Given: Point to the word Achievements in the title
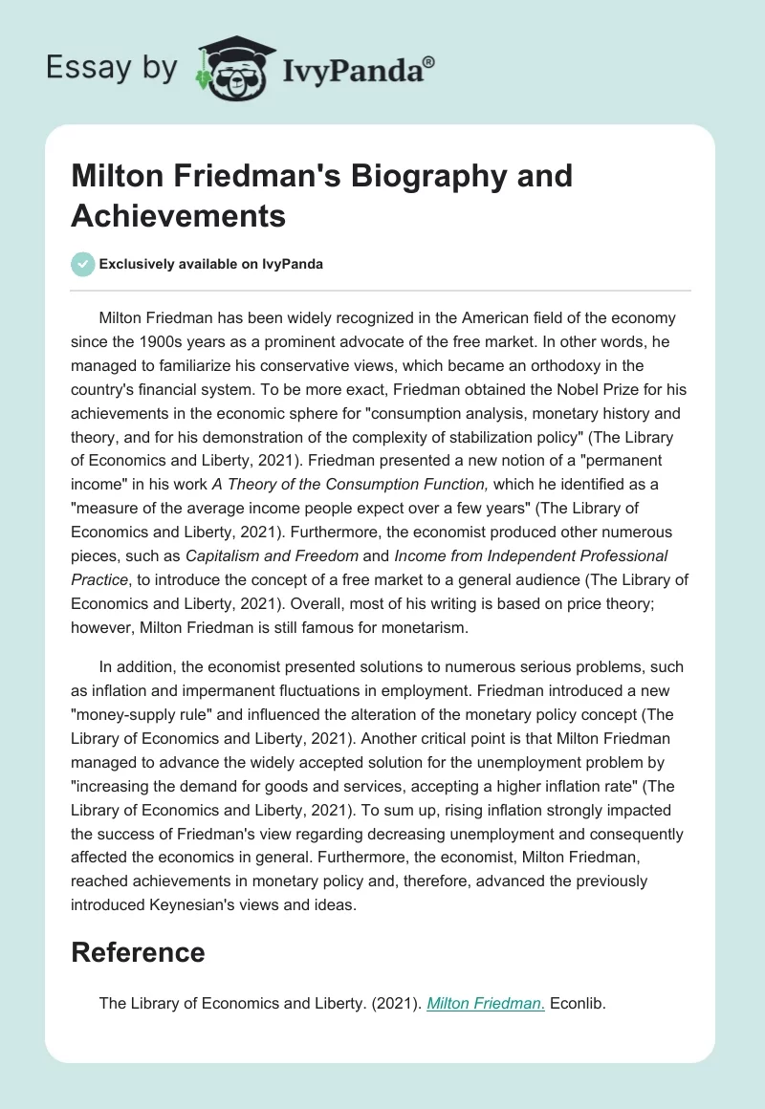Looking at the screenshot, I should tap(179, 216).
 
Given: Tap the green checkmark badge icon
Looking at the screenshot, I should tap(84, 264).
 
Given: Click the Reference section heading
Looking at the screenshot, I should tap(139, 952).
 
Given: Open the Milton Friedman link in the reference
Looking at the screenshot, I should tap(486, 1004).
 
